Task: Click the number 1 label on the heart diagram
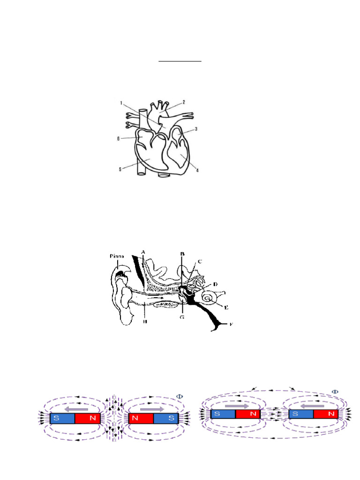tap(121, 103)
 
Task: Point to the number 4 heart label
tap(197, 171)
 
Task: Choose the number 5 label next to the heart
tap(120, 169)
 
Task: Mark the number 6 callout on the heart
tap(120, 138)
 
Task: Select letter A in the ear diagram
tap(143, 252)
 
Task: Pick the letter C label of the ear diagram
tap(200, 261)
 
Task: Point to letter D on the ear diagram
tap(215, 284)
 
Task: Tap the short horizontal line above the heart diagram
tap(180, 61)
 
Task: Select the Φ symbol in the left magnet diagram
tap(179, 396)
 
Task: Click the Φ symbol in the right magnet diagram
tap(335, 391)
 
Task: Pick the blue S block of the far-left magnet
tap(63, 419)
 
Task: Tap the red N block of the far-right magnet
tap(325, 414)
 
